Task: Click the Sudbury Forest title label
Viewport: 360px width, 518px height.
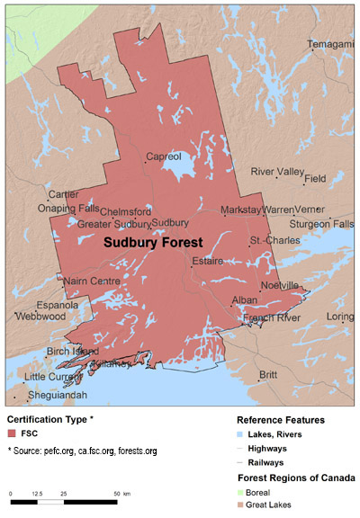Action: pyautogui.click(x=152, y=243)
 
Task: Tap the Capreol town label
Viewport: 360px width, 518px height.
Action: pyautogui.click(x=162, y=156)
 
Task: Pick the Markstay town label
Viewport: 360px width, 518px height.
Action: pyautogui.click(x=242, y=210)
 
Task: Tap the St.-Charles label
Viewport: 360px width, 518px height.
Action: pyautogui.click(x=268, y=240)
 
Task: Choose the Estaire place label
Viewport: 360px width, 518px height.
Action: pyautogui.click(x=206, y=262)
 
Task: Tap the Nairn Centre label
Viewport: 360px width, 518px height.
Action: pyautogui.click(x=92, y=281)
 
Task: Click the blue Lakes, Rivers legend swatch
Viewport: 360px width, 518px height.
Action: pyautogui.click(x=240, y=433)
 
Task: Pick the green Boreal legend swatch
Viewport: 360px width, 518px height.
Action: pyautogui.click(x=240, y=493)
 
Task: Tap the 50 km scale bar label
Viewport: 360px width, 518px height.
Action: pyautogui.click(x=121, y=495)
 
